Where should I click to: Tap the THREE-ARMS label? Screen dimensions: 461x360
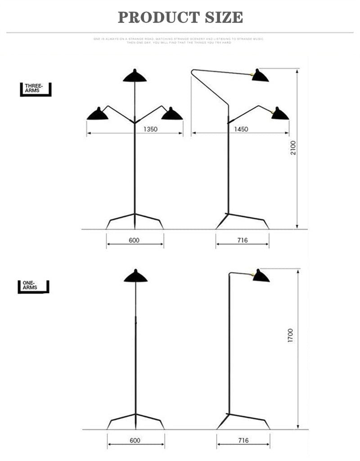coord(33,88)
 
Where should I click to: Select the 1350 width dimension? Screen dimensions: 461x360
coord(150,130)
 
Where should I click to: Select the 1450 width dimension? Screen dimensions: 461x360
coord(241,130)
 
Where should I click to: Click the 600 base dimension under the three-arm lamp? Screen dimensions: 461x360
coord(134,240)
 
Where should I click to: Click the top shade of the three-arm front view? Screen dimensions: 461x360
coord(135,76)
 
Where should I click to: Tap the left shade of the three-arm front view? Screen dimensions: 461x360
coord(98,115)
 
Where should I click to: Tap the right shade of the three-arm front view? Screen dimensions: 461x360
coord(172,115)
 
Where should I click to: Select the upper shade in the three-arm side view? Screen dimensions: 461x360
coord(260,76)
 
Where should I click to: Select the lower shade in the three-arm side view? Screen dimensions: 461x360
coord(279,114)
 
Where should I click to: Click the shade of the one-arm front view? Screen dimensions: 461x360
coord(135,277)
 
